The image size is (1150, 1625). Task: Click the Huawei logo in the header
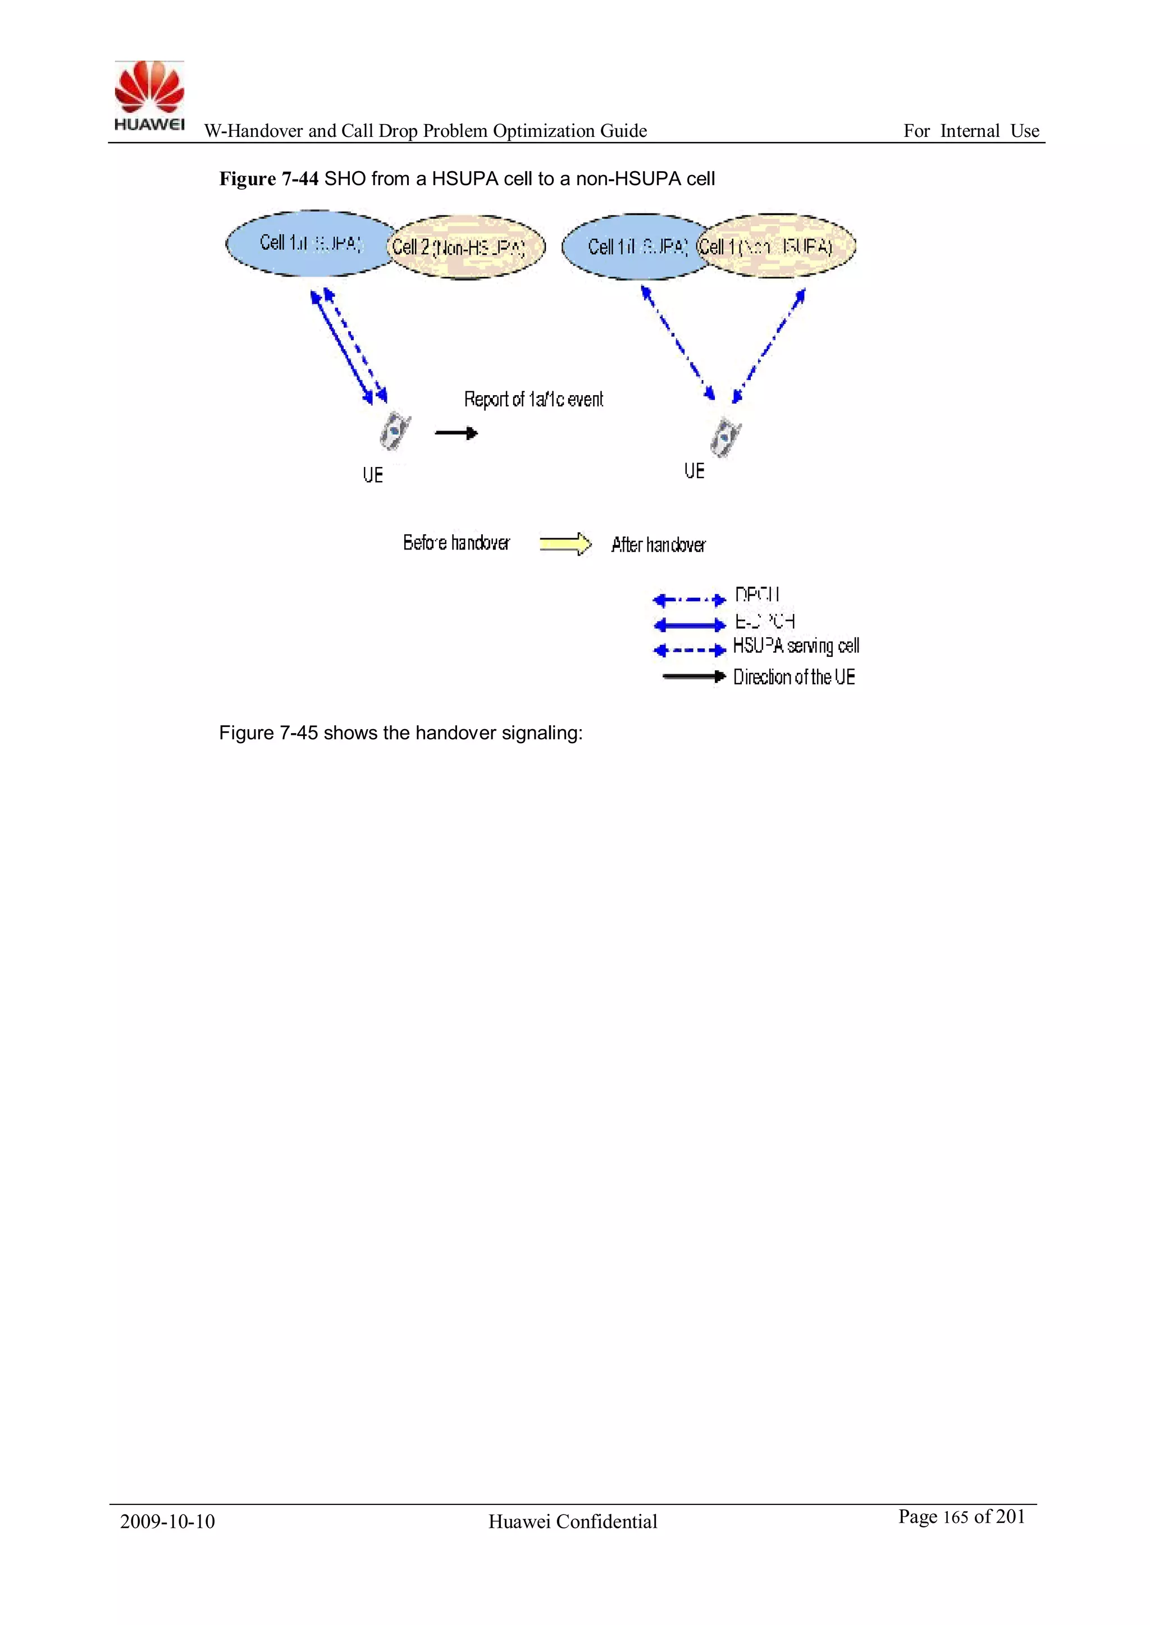[149, 96]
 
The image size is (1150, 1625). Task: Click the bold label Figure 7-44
[268, 179]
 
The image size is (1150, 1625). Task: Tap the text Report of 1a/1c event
[533, 399]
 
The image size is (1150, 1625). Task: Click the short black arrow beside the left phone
[456, 433]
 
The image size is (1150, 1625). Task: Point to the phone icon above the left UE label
[394, 431]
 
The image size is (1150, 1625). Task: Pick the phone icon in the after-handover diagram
[725, 437]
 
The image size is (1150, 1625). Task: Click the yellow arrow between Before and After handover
[565, 543]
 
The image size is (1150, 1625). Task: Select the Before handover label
[456, 543]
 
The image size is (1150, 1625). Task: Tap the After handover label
[658, 545]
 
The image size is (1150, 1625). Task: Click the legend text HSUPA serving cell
[795, 646]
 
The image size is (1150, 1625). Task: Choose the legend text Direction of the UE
[794, 678]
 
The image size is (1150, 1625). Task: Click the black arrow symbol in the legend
[694, 676]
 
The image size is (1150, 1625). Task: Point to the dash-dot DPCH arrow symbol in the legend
[689, 600]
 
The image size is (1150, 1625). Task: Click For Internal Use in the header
[970, 131]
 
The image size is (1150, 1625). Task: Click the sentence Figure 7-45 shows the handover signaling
[400, 733]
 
